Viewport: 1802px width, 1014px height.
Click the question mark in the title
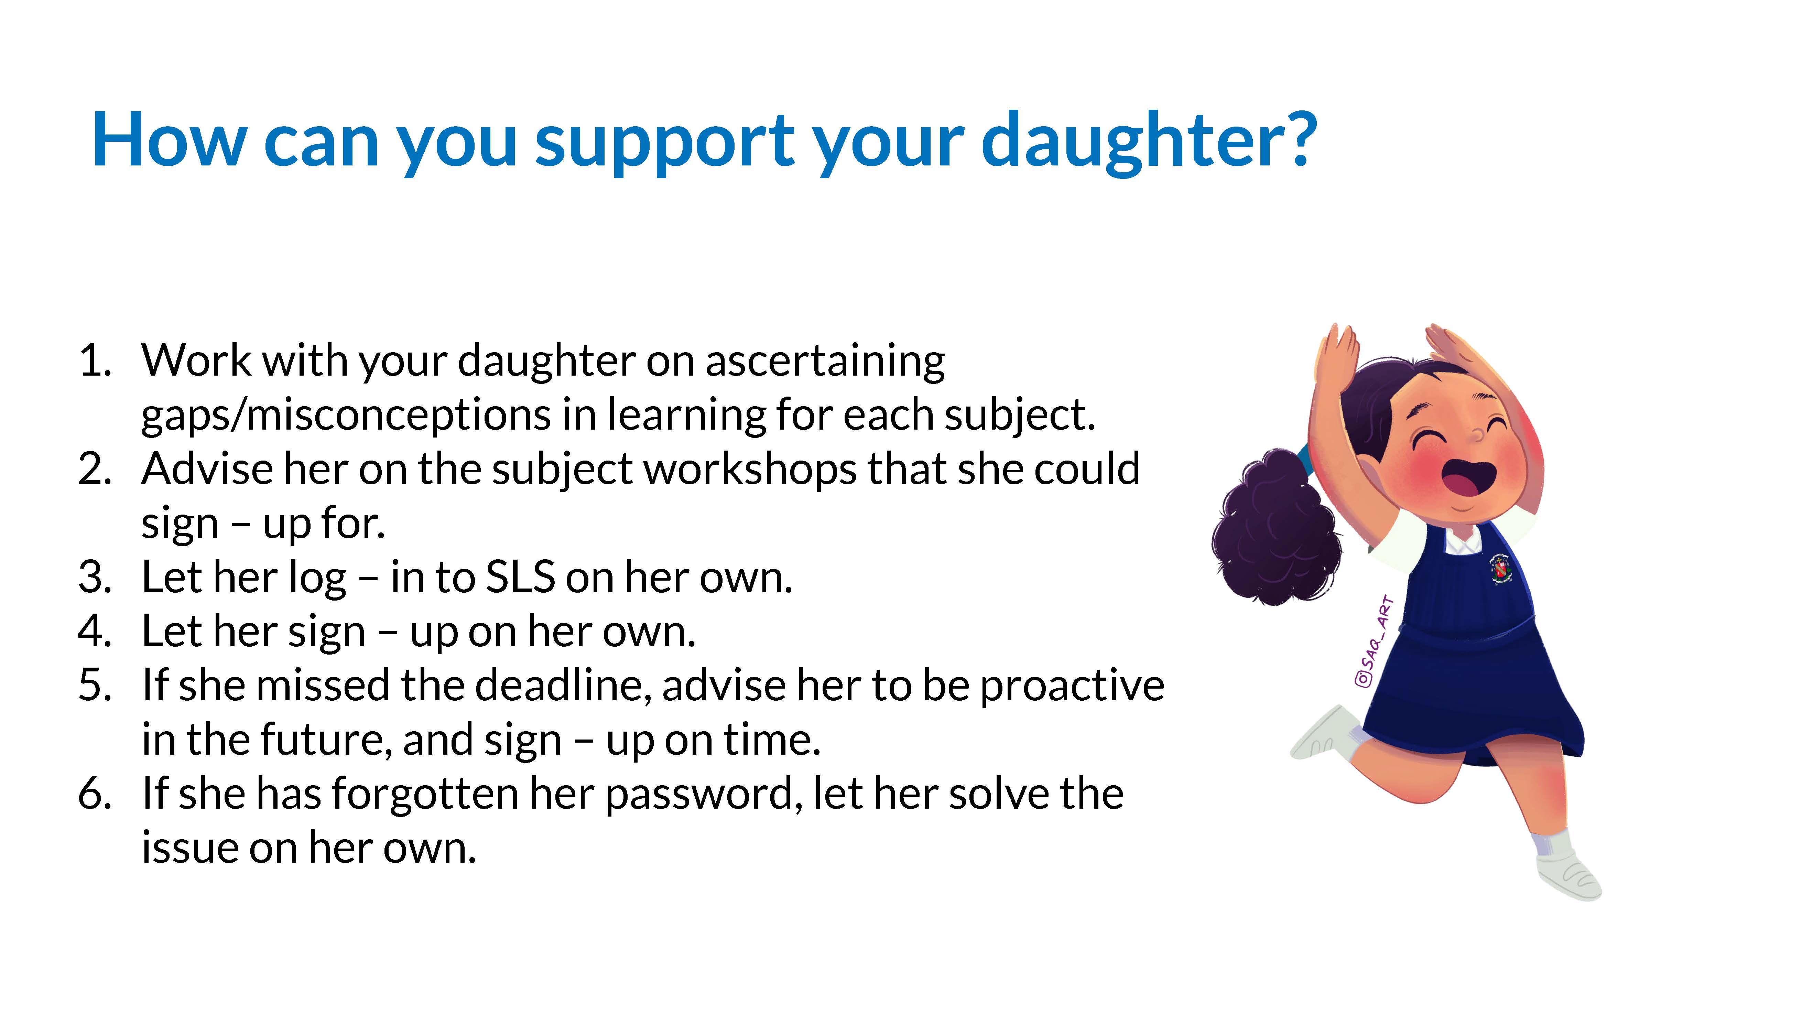click(x=1295, y=139)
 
